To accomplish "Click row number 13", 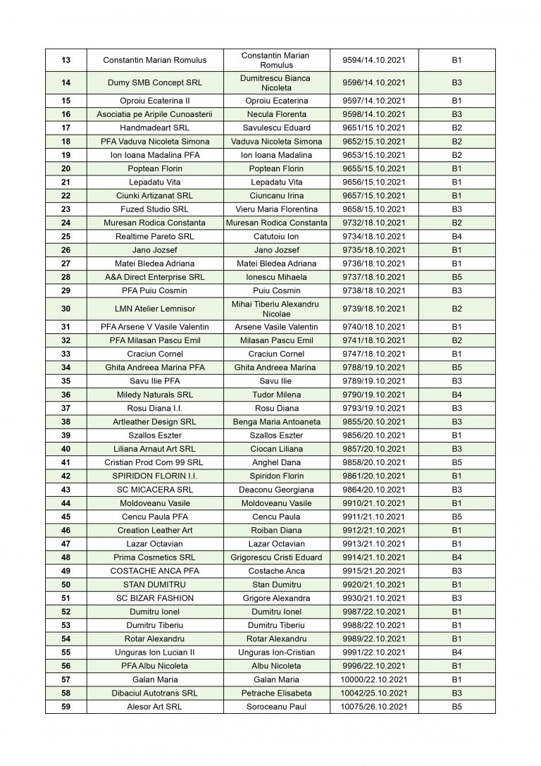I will click(66, 60).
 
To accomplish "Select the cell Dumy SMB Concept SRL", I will click(155, 82).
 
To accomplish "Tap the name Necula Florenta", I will click(276, 114).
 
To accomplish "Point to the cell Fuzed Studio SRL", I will click(155, 209).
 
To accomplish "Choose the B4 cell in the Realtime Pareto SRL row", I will click(456, 237).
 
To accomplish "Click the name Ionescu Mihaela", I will click(276, 277).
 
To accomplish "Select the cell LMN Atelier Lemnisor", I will click(155, 309).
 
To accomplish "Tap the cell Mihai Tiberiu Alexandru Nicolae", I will click(276, 309).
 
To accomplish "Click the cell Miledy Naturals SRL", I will click(155, 395).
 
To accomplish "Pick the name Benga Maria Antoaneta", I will click(276, 421).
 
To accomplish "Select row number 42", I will click(66, 476).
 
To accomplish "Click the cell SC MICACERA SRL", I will click(155, 490).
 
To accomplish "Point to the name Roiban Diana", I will click(276, 530).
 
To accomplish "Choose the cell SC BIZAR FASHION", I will click(155, 598).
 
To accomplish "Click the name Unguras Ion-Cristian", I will click(276, 653).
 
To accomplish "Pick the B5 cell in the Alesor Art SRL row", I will click(456, 707).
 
